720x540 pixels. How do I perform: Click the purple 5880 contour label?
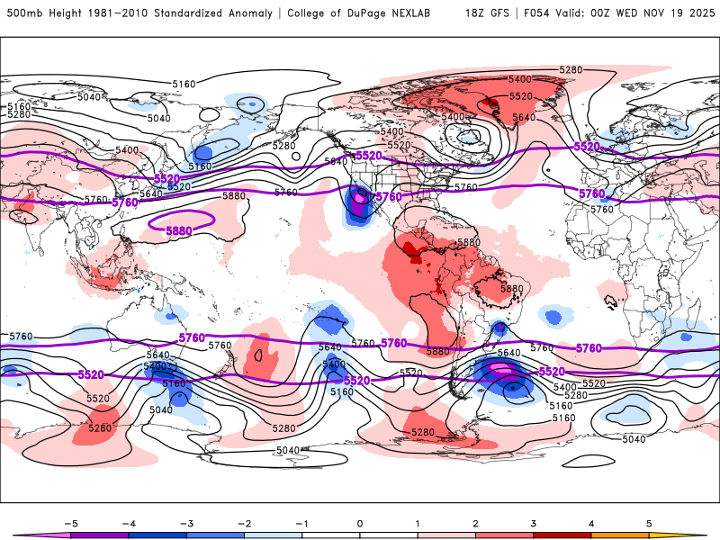click(179, 231)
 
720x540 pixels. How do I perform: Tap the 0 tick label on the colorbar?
click(360, 522)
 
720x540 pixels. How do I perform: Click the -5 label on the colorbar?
click(70, 522)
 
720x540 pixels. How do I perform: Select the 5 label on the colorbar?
click(649, 522)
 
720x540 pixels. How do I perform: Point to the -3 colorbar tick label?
click(185, 522)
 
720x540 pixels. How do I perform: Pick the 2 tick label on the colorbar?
click(475, 522)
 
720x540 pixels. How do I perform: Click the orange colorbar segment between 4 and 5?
click(620, 535)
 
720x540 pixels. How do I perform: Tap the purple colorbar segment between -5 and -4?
click(99, 535)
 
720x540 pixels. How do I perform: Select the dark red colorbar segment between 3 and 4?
click(562, 535)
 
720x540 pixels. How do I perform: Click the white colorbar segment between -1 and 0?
click(331, 535)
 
